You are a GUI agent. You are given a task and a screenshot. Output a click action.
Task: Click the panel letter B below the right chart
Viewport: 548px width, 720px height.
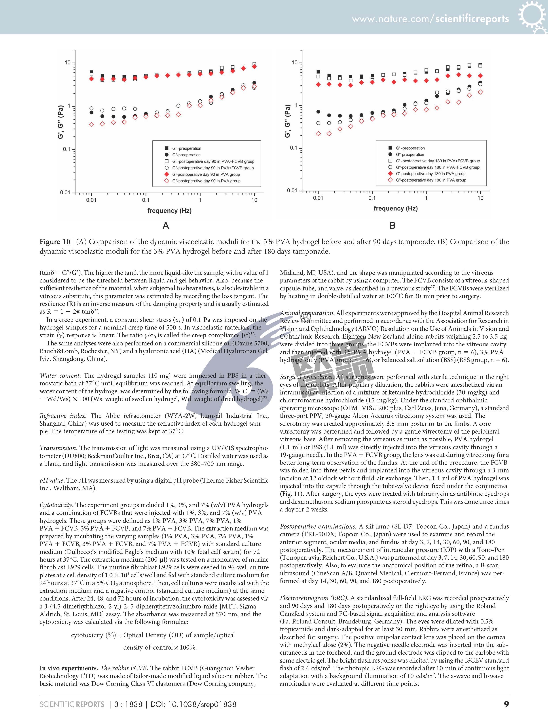click(x=393, y=225)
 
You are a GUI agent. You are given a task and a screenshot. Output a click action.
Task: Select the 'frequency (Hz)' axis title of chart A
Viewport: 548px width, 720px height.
click(x=169, y=211)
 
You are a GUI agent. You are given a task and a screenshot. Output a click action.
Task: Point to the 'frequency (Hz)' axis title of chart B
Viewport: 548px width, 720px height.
click(x=396, y=208)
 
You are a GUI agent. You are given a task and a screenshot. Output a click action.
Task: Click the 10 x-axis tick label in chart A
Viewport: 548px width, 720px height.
click(x=254, y=200)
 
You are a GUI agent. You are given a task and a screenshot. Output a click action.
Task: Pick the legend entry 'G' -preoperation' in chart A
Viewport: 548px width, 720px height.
click(x=187, y=148)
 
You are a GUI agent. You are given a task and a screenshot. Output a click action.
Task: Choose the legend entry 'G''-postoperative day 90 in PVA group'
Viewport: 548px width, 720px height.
click(x=206, y=181)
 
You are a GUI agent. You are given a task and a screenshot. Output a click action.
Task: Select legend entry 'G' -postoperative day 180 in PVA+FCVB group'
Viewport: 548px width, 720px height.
click(x=438, y=161)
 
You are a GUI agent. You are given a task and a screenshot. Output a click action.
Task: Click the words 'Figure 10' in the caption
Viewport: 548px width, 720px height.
click(x=55, y=242)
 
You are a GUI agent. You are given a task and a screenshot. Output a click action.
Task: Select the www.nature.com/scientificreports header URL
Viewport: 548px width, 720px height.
click(x=430, y=19)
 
